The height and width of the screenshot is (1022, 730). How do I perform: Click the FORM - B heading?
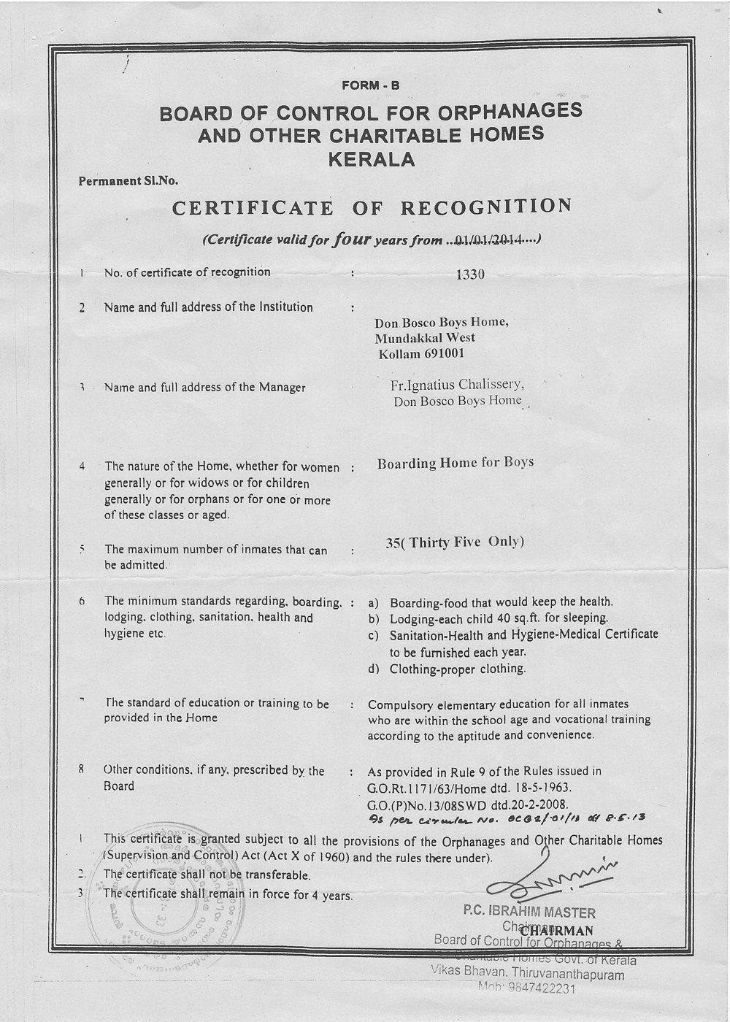pyautogui.click(x=371, y=85)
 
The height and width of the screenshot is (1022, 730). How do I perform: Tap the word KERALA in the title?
pyautogui.click(x=372, y=158)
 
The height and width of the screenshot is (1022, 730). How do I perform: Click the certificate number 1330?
pyautogui.click(x=469, y=274)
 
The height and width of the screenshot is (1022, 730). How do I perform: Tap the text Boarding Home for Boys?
pyautogui.click(x=456, y=462)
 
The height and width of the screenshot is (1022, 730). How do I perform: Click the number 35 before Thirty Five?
pyautogui.click(x=393, y=542)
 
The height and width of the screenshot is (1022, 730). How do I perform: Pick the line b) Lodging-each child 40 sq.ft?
pyautogui.click(x=488, y=618)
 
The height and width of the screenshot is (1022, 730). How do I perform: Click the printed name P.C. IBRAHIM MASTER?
pyautogui.click(x=529, y=912)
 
